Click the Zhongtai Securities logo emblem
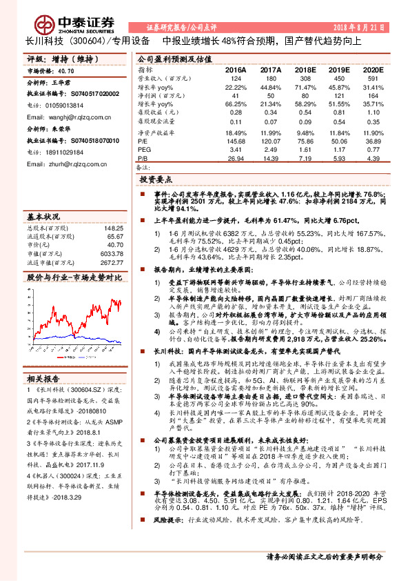click(46, 25)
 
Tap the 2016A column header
click(235, 70)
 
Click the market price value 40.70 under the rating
click(67, 71)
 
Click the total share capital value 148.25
click(113, 228)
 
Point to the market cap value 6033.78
click(112, 253)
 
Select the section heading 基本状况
click(42, 216)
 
